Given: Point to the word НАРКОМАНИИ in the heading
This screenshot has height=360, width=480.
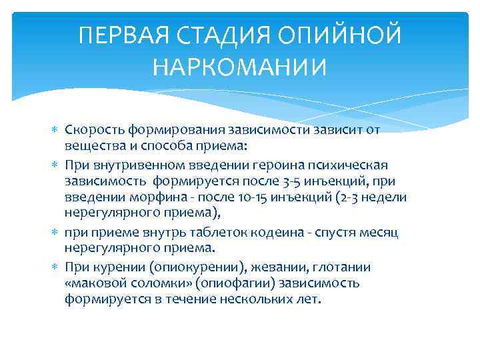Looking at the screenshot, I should click(x=240, y=67).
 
